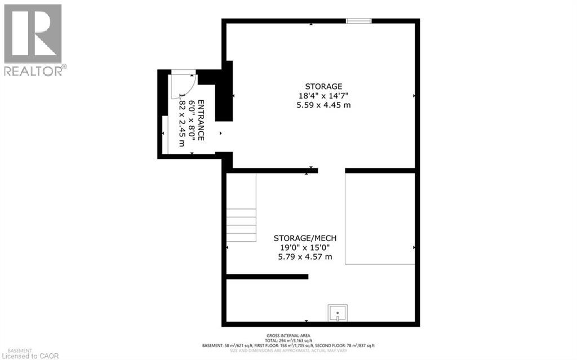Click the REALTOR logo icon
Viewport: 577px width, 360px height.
(33, 34)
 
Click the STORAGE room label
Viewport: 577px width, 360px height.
(323, 86)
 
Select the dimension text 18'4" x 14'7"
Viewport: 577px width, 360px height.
(323, 96)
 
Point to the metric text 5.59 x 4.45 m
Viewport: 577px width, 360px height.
(323, 105)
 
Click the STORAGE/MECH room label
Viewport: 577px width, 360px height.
(305, 238)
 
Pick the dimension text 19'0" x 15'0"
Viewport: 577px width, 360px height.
(305, 247)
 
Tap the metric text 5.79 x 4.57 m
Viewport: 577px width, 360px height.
(305, 257)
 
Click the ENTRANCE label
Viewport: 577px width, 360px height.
(201, 121)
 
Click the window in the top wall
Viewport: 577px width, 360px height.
(358, 21)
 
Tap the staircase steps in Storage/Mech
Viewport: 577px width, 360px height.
(241, 224)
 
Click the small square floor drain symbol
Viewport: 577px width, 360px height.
(338, 313)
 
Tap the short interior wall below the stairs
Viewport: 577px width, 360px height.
(267, 277)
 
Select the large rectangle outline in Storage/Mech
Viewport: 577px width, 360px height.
(380, 218)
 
